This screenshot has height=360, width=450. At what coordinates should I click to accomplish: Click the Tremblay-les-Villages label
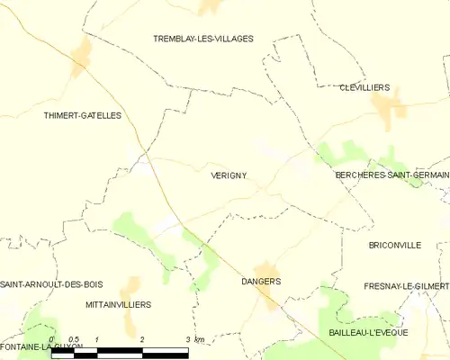[x=202, y=39]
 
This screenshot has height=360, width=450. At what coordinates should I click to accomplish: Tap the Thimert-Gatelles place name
[x=82, y=115]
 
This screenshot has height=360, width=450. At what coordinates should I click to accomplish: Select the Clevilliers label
[x=364, y=87]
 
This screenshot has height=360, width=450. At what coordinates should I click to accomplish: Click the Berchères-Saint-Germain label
[x=391, y=176]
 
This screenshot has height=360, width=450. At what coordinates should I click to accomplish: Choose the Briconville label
[x=395, y=245]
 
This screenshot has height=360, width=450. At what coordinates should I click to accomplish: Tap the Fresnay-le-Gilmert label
[x=406, y=285]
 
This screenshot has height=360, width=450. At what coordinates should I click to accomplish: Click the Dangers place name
[x=261, y=282]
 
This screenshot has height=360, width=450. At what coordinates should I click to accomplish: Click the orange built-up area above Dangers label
[x=265, y=268]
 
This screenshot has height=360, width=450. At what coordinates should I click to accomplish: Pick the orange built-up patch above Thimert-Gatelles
[x=83, y=56]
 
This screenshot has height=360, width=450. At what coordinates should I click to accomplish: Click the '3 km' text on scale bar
[x=194, y=338]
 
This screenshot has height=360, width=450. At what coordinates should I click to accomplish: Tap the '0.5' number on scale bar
[x=74, y=338]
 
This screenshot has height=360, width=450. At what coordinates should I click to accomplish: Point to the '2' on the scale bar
[x=142, y=338]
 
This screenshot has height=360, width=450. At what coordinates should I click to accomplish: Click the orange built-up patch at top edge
[x=211, y=6]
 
